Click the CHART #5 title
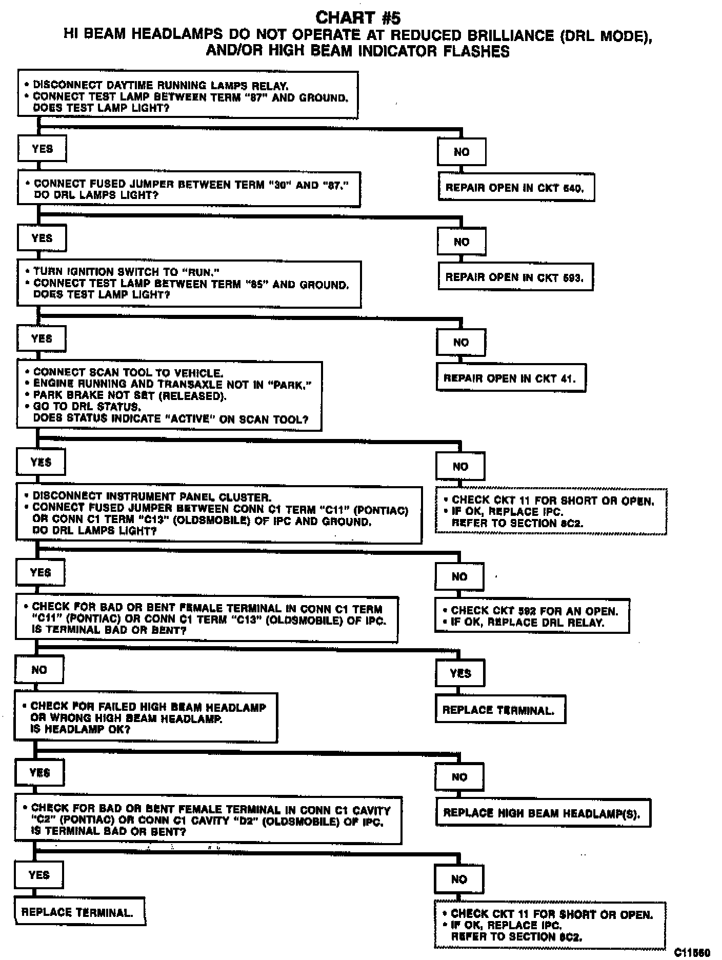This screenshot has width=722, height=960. pos(357,18)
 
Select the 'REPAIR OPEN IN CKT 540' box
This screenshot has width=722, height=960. pos(516,188)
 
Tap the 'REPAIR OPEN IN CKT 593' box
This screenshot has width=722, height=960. pos(515,277)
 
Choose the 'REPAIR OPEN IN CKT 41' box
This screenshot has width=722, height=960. pos(510,378)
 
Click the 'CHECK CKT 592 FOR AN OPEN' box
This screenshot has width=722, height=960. pos(531,616)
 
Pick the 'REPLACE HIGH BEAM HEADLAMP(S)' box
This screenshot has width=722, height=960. pos(543,813)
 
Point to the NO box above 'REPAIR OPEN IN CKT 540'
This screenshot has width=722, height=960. pos(462,152)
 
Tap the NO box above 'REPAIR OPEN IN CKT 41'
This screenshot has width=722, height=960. pos(460,342)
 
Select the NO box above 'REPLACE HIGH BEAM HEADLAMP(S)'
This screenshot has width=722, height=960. pos(459,777)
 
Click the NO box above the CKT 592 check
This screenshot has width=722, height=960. pos(459,576)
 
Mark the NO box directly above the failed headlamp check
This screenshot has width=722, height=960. pos(39,670)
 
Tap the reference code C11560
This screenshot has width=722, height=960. pos(692,952)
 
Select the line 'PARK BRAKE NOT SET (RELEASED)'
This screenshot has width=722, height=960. pos(129,395)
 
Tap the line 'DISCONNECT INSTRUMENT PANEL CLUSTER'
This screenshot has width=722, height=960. pos(152,496)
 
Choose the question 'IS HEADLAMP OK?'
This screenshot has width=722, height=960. pos(81,729)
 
